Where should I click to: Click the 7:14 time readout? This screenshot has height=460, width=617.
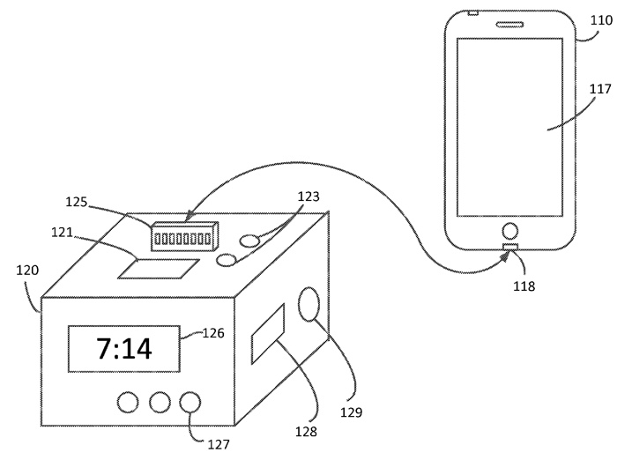pyautogui.click(x=124, y=349)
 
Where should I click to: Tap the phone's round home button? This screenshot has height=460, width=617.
pyautogui.click(x=510, y=231)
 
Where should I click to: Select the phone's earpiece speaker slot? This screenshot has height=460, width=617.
pyautogui.click(x=509, y=25)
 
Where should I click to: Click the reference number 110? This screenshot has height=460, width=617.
pyautogui.click(x=601, y=20)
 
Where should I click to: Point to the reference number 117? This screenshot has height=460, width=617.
pyautogui.click(x=600, y=89)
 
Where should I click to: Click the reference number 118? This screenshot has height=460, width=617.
pyautogui.click(x=524, y=286)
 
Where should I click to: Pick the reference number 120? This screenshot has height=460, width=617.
pyautogui.click(x=27, y=271)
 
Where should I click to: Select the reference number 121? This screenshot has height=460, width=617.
pyautogui.click(x=63, y=233)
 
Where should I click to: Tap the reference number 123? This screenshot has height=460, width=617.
pyautogui.click(x=308, y=197)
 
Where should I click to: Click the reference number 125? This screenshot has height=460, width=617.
pyautogui.click(x=76, y=202)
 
